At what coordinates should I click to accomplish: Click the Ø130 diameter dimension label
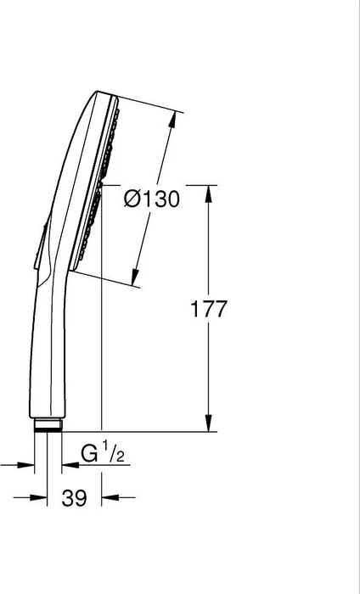tap(152, 199)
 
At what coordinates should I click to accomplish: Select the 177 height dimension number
tap(208, 308)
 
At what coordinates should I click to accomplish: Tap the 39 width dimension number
tap(74, 498)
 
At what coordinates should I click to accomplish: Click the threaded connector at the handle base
tap(48, 424)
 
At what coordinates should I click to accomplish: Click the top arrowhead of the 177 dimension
tap(208, 194)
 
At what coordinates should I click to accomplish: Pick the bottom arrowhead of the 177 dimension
tap(208, 423)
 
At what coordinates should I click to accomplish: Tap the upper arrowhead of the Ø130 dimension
tap(172, 120)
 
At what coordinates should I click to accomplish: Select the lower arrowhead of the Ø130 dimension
tap(134, 277)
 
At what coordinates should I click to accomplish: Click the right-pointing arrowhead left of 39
tap(38, 497)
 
